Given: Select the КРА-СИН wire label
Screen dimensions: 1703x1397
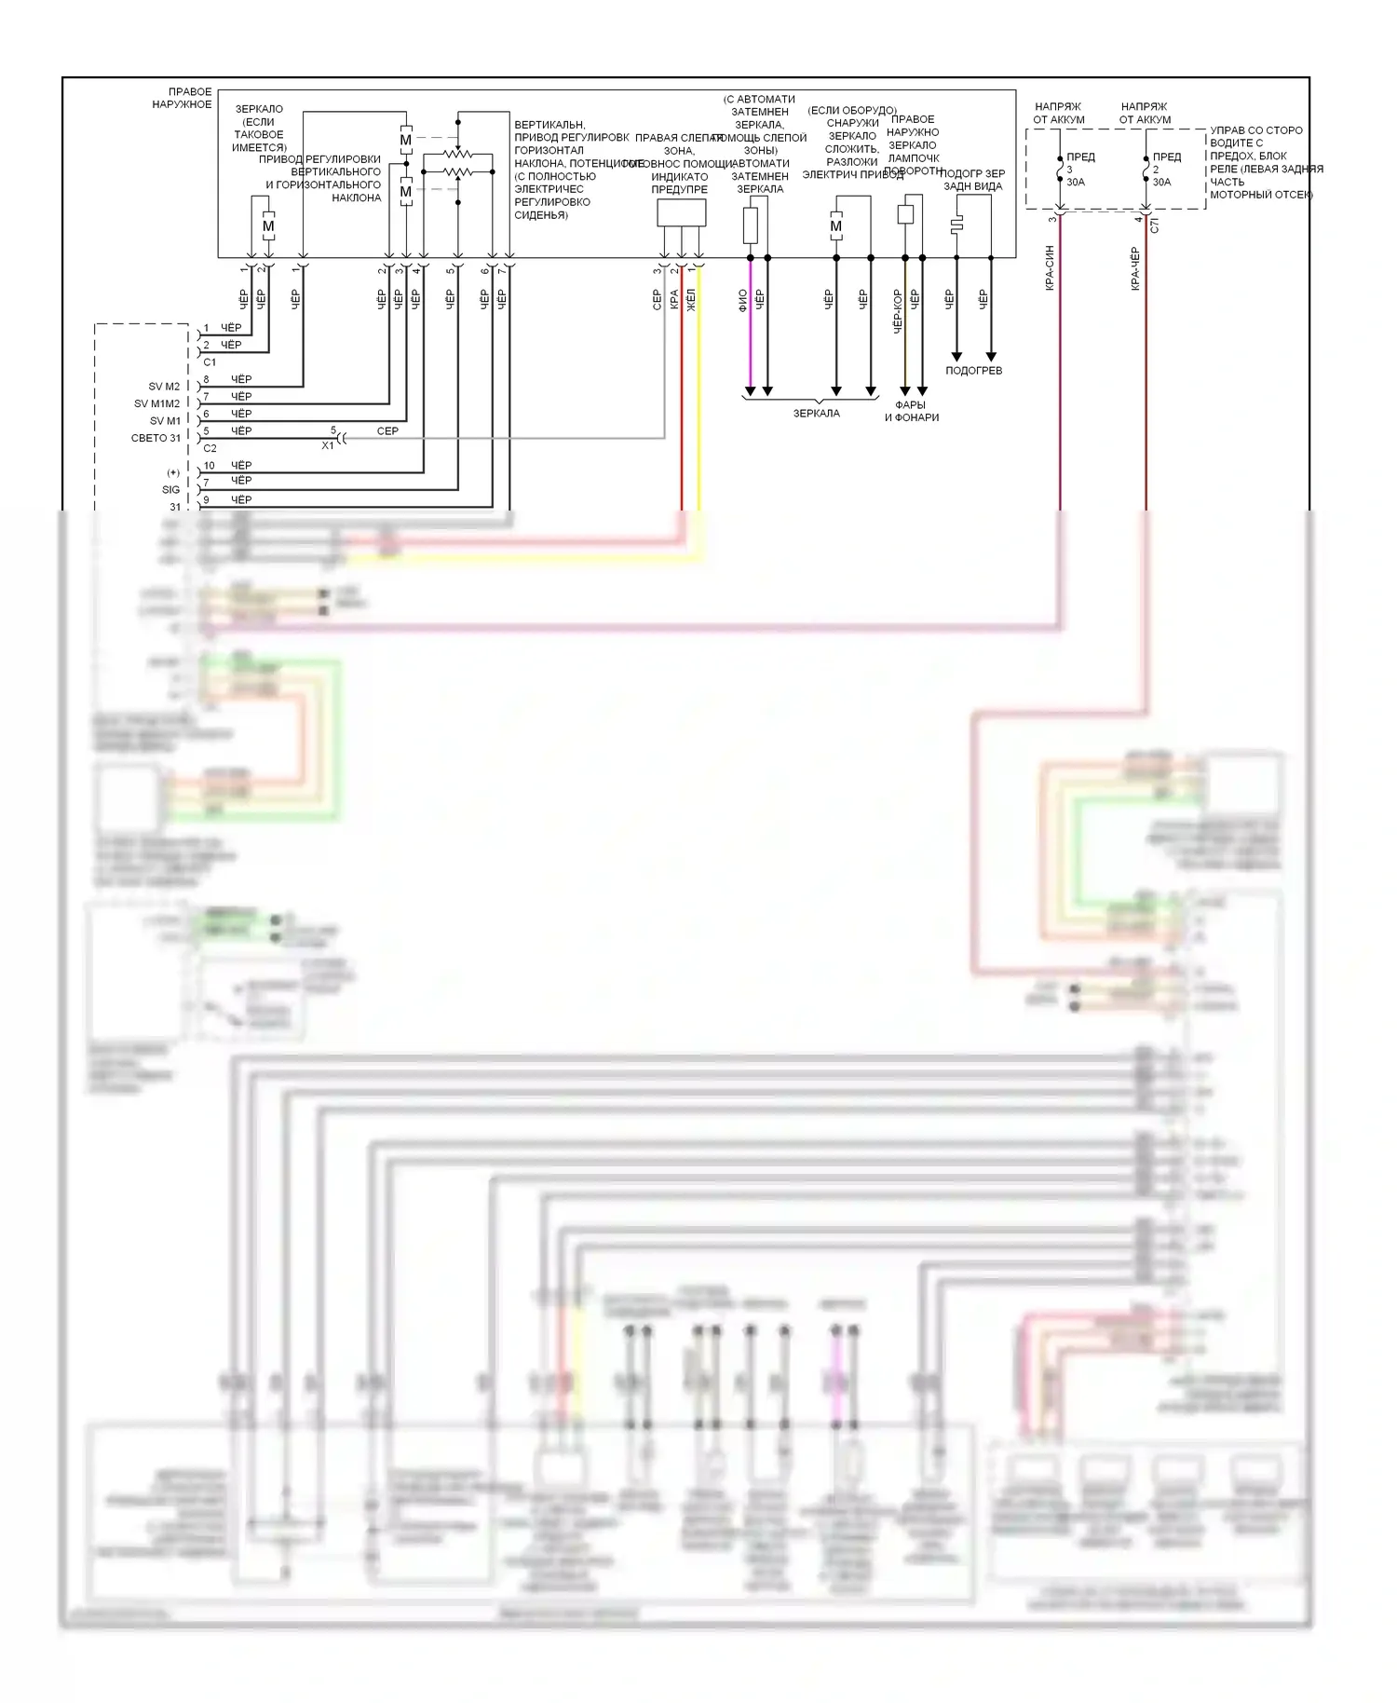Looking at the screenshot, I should click(1050, 268).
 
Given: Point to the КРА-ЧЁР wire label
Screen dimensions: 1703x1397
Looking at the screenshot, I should click(1135, 268).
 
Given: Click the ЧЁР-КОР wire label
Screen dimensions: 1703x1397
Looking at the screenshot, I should click(898, 311).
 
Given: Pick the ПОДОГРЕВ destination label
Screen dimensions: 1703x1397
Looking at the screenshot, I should click(973, 371).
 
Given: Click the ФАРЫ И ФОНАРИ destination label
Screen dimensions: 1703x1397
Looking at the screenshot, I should click(911, 411).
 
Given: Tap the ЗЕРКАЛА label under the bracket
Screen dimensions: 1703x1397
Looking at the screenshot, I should click(816, 414).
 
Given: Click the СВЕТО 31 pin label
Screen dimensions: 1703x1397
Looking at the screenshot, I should click(156, 438).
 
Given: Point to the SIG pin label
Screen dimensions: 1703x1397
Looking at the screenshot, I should click(170, 489).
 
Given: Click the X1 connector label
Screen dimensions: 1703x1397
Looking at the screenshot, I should click(327, 446).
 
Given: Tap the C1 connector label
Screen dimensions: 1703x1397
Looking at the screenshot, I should click(210, 362).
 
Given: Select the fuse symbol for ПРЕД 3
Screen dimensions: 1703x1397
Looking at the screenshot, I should click(1060, 172).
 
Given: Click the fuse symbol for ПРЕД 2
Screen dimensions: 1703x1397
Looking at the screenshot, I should click(1146, 172).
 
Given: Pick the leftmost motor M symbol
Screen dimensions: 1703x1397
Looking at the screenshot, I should click(268, 226).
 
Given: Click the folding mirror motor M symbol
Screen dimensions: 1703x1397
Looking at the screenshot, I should click(835, 226).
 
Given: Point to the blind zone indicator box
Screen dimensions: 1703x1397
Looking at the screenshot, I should click(681, 212).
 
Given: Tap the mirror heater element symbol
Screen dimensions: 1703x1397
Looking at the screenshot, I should click(956, 226).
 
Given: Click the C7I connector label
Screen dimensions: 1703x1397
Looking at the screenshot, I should click(1155, 225).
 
